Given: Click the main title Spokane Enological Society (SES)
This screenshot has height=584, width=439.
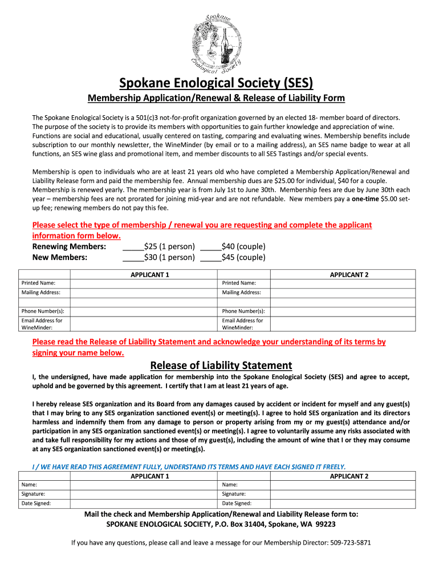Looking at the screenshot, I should tap(216, 83).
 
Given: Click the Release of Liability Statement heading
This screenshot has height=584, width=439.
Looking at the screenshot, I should tap(221, 365).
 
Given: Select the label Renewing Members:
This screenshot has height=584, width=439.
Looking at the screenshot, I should tap(70, 247).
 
